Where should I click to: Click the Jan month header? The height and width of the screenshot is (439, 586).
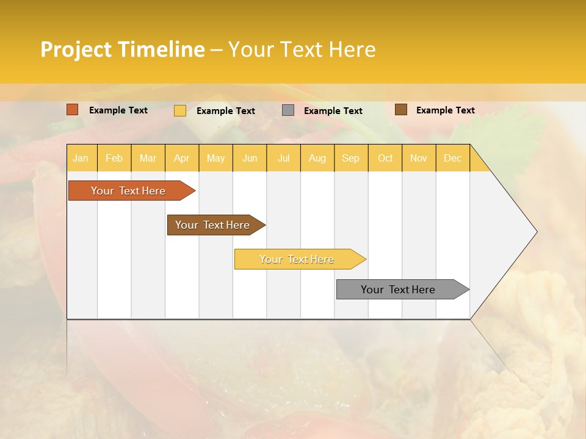click(81, 159)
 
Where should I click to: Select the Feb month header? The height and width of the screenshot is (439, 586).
click(114, 159)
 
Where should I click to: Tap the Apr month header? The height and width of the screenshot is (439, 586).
click(181, 159)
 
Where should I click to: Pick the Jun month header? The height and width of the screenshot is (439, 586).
click(250, 159)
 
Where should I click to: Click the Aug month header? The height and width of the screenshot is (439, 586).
click(317, 159)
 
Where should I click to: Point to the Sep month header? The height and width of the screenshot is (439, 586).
click(350, 159)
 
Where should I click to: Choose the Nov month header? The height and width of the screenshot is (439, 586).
click(418, 159)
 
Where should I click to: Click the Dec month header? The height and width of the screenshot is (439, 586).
click(452, 159)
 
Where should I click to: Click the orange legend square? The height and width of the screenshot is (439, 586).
click(73, 110)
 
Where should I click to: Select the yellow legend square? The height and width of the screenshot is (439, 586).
click(180, 110)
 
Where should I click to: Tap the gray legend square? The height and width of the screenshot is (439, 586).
click(288, 110)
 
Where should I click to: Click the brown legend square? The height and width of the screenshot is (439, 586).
click(401, 110)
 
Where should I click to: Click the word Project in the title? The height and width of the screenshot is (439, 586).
click(76, 49)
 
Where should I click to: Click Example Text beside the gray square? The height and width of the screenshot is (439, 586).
click(333, 111)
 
